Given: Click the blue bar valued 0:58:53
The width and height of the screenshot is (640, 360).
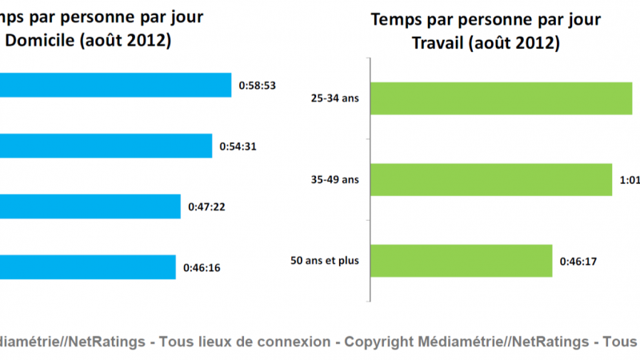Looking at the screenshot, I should pyautogui.click(x=116, y=85).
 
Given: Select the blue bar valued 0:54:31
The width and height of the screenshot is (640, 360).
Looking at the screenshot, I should pyautogui.click(x=106, y=146).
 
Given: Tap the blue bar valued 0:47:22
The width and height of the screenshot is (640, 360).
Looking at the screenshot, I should pyautogui.click(x=90, y=206).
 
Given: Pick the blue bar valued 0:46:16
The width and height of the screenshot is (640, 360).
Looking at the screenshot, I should pyautogui.click(x=88, y=267).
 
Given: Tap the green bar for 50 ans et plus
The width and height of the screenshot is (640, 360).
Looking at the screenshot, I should pyautogui.click(x=462, y=259).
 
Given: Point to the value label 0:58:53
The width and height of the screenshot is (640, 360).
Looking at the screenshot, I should pyautogui.click(x=257, y=85).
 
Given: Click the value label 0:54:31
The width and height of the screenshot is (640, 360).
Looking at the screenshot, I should pyautogui.click(x=238, y=146).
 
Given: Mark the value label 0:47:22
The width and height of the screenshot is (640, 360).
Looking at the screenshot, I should pyautogui.click(x=206, y=206).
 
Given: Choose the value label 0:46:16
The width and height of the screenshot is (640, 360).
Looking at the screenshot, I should pyautogui.click(x=202, y=267).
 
